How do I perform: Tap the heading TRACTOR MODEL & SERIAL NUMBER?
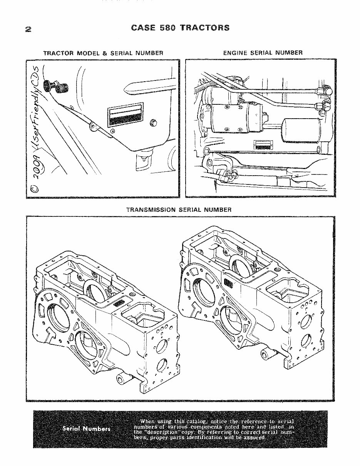pyautogui.click(x=103, y=53)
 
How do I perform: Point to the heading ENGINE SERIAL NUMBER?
pyautogui.click(x=263, y=53)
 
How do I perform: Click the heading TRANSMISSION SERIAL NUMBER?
pyautogui.click(x=179, y=210)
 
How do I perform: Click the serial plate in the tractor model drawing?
pyautogui.click(x=124, y=115)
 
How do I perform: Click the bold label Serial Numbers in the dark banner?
pyautogui.click(x=86, y=429)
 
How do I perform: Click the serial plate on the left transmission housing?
pyautogui.click(x=119, y=302)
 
